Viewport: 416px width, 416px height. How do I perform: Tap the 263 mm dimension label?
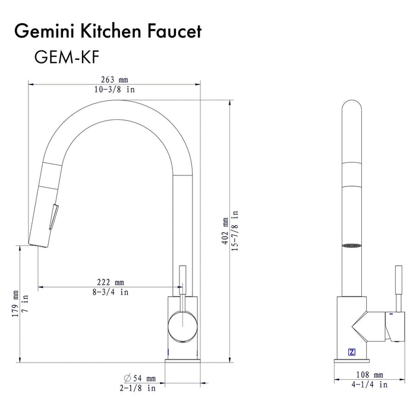click(x=115, y=80)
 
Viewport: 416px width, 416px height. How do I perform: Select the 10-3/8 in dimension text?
click(x=115, y=90)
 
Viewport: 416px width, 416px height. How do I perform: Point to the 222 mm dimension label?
click(x=111, y=282)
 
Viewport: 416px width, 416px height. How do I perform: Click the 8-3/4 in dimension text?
click(x=111, y=292)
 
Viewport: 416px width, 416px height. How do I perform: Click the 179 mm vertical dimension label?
click(x=15, y=303)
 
